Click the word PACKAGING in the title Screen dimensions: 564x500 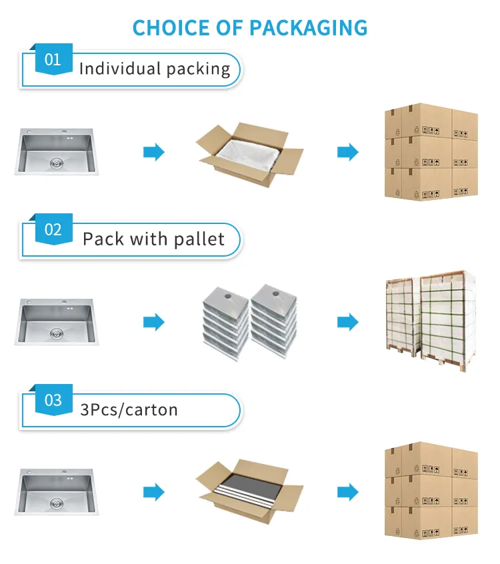click(x=309, y=27)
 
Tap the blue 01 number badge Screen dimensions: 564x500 click(x=53, y=60)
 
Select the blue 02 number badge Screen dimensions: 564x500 click(x=53, y=230)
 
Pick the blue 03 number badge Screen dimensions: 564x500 click(x=53, y=400)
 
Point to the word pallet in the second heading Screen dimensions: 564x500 click(x=199, y=239)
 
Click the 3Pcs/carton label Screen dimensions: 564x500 click(x=129, y=409)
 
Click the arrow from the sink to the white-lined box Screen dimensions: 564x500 click(x=154, y=153)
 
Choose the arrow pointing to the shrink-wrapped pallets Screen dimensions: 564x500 click(x=347, y=323)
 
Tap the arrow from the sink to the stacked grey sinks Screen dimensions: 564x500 click(x=154, y=323)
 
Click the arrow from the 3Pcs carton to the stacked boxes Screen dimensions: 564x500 click(x=347, y=493)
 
